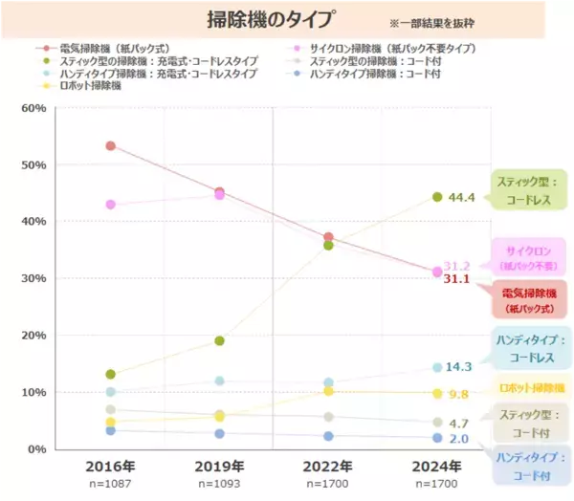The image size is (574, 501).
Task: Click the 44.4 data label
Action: pos(462,198)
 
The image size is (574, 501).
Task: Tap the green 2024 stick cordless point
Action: pos(437,197)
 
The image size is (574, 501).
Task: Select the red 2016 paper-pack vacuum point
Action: pos(111,146)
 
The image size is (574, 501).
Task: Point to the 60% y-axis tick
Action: pos(33,108)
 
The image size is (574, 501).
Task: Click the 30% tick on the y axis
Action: pos(33,278)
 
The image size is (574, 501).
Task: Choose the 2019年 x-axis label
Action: pos(219,467)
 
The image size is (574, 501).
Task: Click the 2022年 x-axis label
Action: pos(328,467)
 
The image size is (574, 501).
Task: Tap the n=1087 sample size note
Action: pos(111,485)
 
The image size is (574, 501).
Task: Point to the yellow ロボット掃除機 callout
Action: pos(532,388)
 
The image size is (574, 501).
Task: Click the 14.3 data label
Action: pos(460,367)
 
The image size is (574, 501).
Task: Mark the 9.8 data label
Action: pos(458,394)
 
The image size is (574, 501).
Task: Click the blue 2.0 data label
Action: pos(458,439)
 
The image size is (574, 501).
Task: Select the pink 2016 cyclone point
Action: pos(111,205)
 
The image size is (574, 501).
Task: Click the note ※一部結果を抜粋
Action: pos(431,21)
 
